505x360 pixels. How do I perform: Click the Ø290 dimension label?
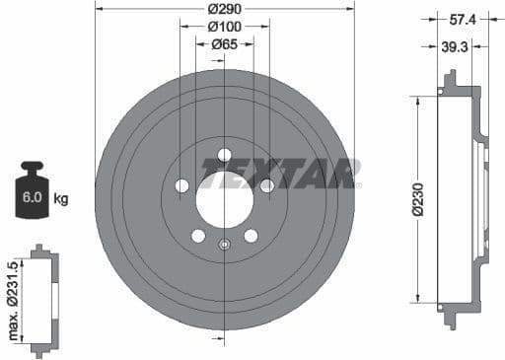tap(225, 9)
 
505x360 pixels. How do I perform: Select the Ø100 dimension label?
tap(225, 28)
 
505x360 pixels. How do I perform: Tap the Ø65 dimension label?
tap(225, 43)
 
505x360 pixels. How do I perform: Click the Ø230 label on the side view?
tap(419, 198)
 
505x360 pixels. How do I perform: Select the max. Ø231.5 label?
tap(12, 301)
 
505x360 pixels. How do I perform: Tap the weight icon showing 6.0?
tap(33, 192)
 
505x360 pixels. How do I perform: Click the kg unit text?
tap(61, 199)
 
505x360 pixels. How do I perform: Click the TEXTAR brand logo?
tap(278, 174)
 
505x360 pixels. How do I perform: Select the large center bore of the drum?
tap(224, 190)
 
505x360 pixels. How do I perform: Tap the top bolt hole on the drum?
tap(224, 154)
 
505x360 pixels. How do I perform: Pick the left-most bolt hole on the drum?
tap(182, 185)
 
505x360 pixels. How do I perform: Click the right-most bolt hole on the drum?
tap(266, 184)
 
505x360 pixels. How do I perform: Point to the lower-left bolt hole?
tap(198, 236)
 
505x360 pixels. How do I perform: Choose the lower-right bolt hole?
tap(251, 236)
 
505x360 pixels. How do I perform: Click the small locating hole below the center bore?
tap(225, 245)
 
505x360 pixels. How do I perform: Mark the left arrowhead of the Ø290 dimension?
tap(99, 9)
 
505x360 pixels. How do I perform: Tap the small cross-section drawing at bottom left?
tap(40, 301)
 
